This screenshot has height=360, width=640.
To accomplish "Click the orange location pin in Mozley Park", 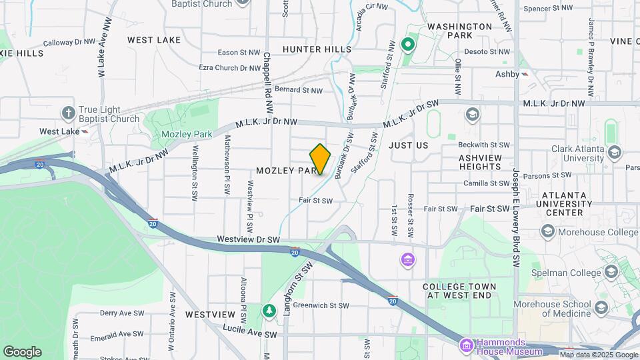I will [x=320, y=159].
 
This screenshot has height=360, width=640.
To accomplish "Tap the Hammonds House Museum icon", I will [x=467, y=345].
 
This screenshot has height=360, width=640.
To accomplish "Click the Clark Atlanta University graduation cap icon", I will [x=614, y=152].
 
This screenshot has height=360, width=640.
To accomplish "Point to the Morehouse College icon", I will [x=548, y=231].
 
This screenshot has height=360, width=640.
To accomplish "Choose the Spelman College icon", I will [x=611, y=272].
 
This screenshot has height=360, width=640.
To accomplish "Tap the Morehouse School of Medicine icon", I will [x=601, y=308].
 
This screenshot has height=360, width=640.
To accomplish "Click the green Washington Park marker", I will [x=408, y=45].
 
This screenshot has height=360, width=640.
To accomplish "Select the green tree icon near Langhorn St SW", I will [x=269, y=310].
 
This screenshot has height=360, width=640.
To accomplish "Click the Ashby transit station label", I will [x=507, y=74].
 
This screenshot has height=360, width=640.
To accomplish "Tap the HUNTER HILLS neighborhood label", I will [x=317, y=49].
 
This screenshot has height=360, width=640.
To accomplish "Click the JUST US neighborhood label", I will [x=408, y=145].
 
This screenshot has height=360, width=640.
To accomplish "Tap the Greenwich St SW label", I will [x=321, y=305].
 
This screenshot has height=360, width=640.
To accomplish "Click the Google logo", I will [x=22, y=352].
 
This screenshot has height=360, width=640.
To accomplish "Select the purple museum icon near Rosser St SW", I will [x=407, y=259].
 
